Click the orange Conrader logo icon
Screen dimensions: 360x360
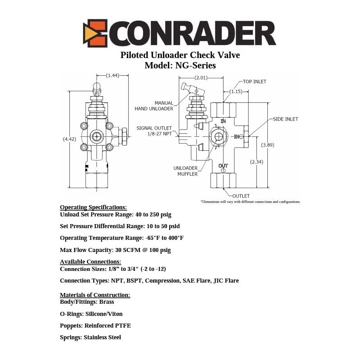point(95,33)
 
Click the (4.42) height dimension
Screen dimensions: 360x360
point(69,139)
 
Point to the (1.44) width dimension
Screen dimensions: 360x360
point(112,75)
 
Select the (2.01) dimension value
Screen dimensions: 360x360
point(201,77)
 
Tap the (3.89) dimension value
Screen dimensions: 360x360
point(268,145)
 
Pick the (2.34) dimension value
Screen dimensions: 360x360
point(256,162)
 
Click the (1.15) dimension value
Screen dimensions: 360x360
point(236,91)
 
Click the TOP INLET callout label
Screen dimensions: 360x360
point(255,81)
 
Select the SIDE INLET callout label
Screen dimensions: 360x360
point(285,119)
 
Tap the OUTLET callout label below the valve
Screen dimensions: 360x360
point(241,196)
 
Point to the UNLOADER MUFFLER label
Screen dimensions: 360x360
point(185,171)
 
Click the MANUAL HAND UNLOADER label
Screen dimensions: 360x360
point(154,106)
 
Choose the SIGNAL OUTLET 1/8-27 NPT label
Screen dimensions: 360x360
point(154,131)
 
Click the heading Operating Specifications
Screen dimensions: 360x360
point(93,207)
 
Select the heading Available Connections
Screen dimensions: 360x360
point(90,262)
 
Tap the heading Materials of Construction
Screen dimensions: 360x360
point(95,295)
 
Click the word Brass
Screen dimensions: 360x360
point(107,301)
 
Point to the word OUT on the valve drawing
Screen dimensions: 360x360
point(223,166)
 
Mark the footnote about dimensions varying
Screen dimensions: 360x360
point(251,202)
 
